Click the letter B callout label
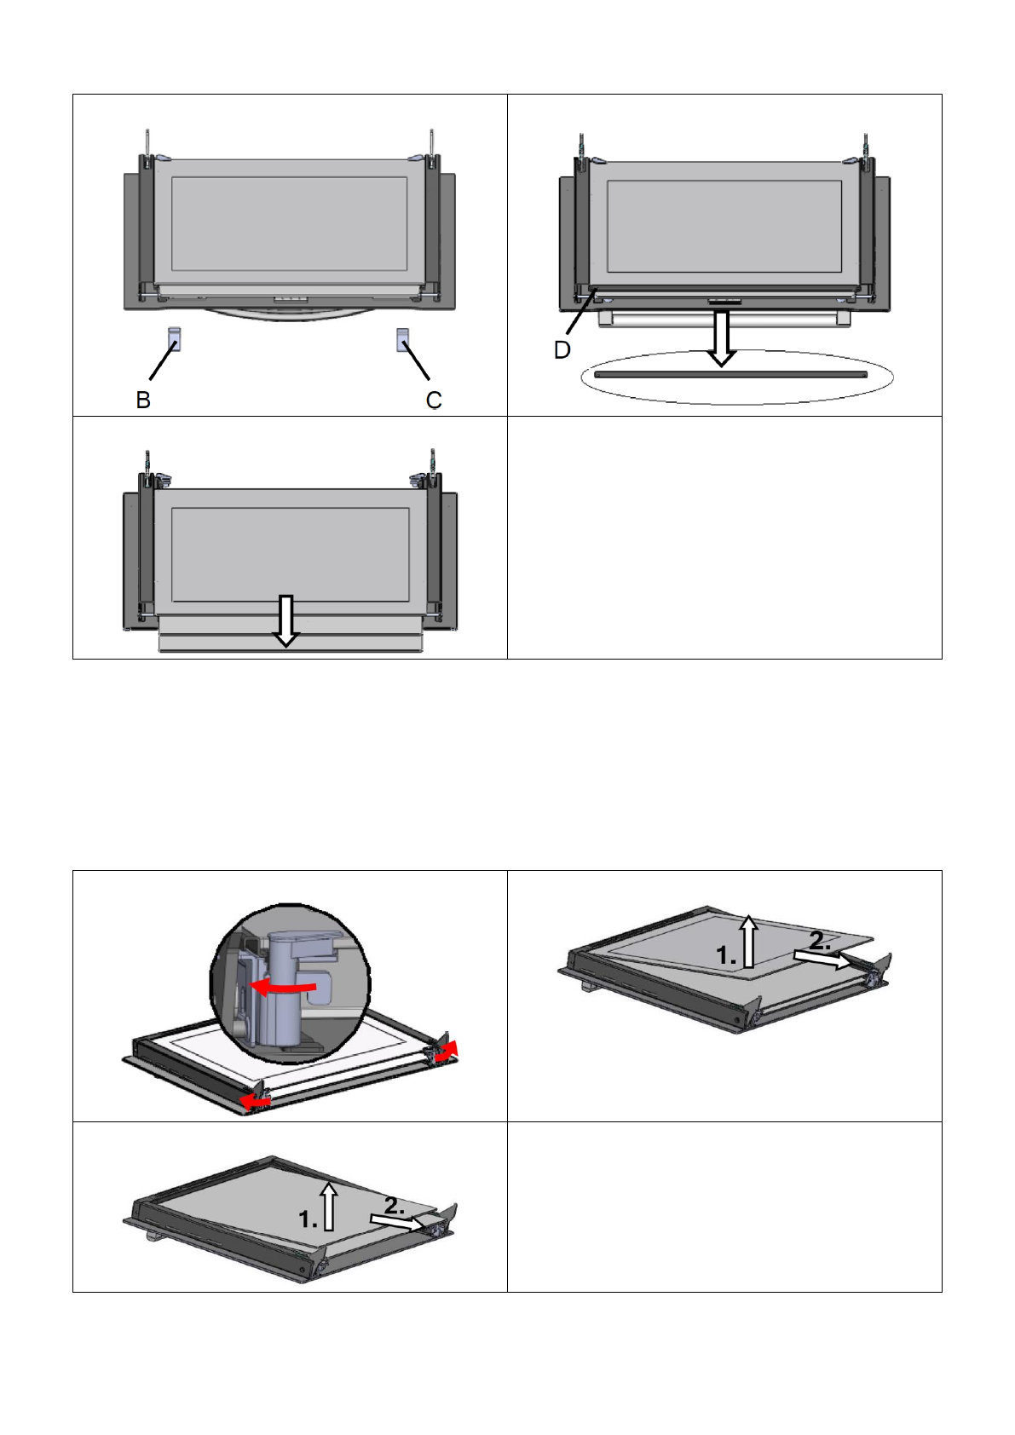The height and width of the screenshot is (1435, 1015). [x=143, y=400]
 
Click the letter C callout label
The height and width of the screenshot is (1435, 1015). [x=434, y=400]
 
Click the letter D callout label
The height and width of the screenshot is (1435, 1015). [x=562, y=350]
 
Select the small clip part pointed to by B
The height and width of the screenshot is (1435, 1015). [x=174, y=339]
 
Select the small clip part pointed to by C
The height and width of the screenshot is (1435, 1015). [x=403, y=339]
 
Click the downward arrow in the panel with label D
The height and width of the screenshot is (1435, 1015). [x=722, y=338]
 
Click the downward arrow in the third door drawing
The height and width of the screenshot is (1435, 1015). [x=286, y=620]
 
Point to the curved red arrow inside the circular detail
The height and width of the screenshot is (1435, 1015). [x=285, y=987]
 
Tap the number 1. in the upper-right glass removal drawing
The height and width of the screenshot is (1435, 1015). [x=725, y=956]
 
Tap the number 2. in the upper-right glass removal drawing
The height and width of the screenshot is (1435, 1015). [x=820, y=942]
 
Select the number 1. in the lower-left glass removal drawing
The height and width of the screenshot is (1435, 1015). [x=309, y=1220]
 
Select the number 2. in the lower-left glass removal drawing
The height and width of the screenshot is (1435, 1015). [x=394, y=1206]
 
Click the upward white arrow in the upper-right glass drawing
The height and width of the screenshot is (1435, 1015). [x=747, y=941]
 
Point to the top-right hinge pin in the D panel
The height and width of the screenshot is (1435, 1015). [x=866, y=147]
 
